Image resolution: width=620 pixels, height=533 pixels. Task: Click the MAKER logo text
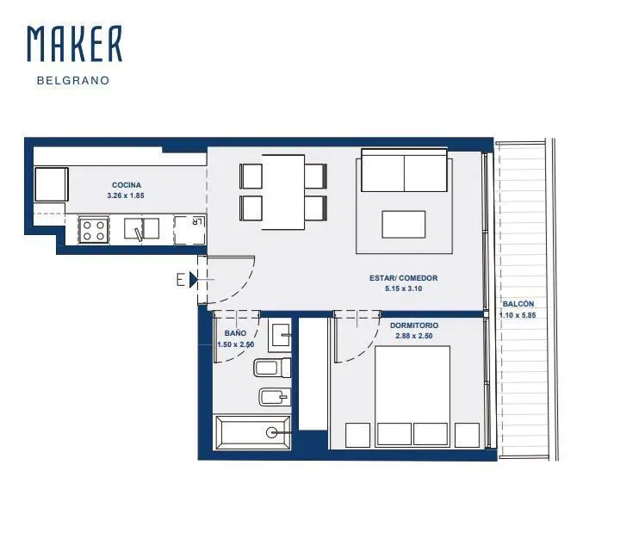click(x=75, y=44)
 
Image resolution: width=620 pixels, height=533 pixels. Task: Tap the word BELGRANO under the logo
click(x=73, y=81)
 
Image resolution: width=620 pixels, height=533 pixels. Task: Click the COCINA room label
click(x=127, y=184)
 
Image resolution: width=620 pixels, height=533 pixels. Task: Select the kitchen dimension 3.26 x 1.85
click(x=126, y=195)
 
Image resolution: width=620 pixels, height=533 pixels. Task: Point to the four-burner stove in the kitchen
click(x=94, y=230)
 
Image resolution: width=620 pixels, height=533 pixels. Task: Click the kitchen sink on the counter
click(x=141, y=229)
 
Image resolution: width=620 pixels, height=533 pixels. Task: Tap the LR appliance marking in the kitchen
click(x=197, y=221)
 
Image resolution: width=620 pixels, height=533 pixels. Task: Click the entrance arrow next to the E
click(x=194, y=280)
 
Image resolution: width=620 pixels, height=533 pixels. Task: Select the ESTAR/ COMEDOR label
click(x=403, y=278)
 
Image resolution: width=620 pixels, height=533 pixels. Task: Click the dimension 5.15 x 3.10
click(x=403, y=288)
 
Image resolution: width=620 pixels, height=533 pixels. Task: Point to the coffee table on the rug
click(x=403, y=224)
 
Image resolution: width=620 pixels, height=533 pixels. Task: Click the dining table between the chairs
click(x=283, y=192)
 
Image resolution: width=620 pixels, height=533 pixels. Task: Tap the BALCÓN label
click(x=518, y=304)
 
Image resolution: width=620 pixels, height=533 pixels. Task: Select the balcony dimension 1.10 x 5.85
click(x=518, y=315)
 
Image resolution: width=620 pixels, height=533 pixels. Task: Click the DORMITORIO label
click(x=414, y=325)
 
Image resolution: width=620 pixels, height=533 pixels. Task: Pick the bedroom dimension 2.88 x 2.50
click(x=414, y=336)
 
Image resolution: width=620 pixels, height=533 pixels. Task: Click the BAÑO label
click(x=235, y=333)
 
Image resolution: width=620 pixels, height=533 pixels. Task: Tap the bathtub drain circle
click(x=271, y=432)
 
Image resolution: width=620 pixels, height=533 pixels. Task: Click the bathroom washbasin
click(x=280, y=335)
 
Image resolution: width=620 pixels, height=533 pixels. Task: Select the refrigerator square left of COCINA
click(x=52, y=184)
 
